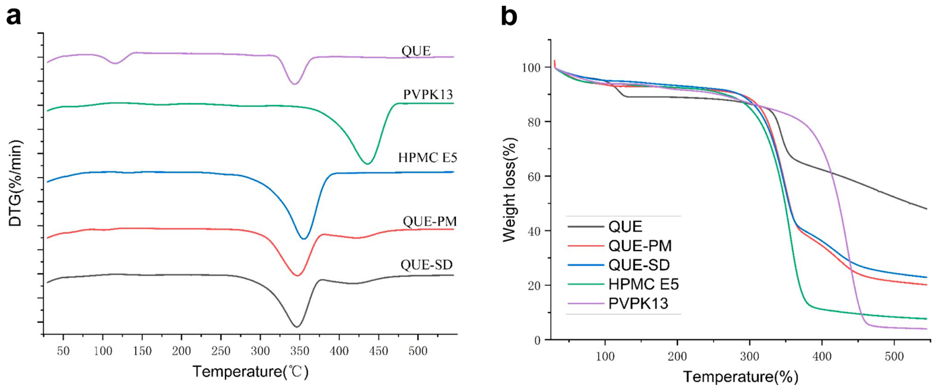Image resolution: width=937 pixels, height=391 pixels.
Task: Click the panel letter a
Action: pos(14,16)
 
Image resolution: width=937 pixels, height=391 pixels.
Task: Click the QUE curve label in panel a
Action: pos(416,51)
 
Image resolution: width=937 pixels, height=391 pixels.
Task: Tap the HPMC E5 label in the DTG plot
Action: pos(427,157)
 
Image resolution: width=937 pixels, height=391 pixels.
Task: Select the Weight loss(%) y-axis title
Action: pos(510,190)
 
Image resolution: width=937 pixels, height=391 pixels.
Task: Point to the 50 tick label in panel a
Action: pos(63,351)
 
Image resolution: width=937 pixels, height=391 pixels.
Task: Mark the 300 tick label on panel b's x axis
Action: pos(749,356)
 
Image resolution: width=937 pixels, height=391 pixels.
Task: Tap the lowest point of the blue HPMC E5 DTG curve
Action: pos(304,239)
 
